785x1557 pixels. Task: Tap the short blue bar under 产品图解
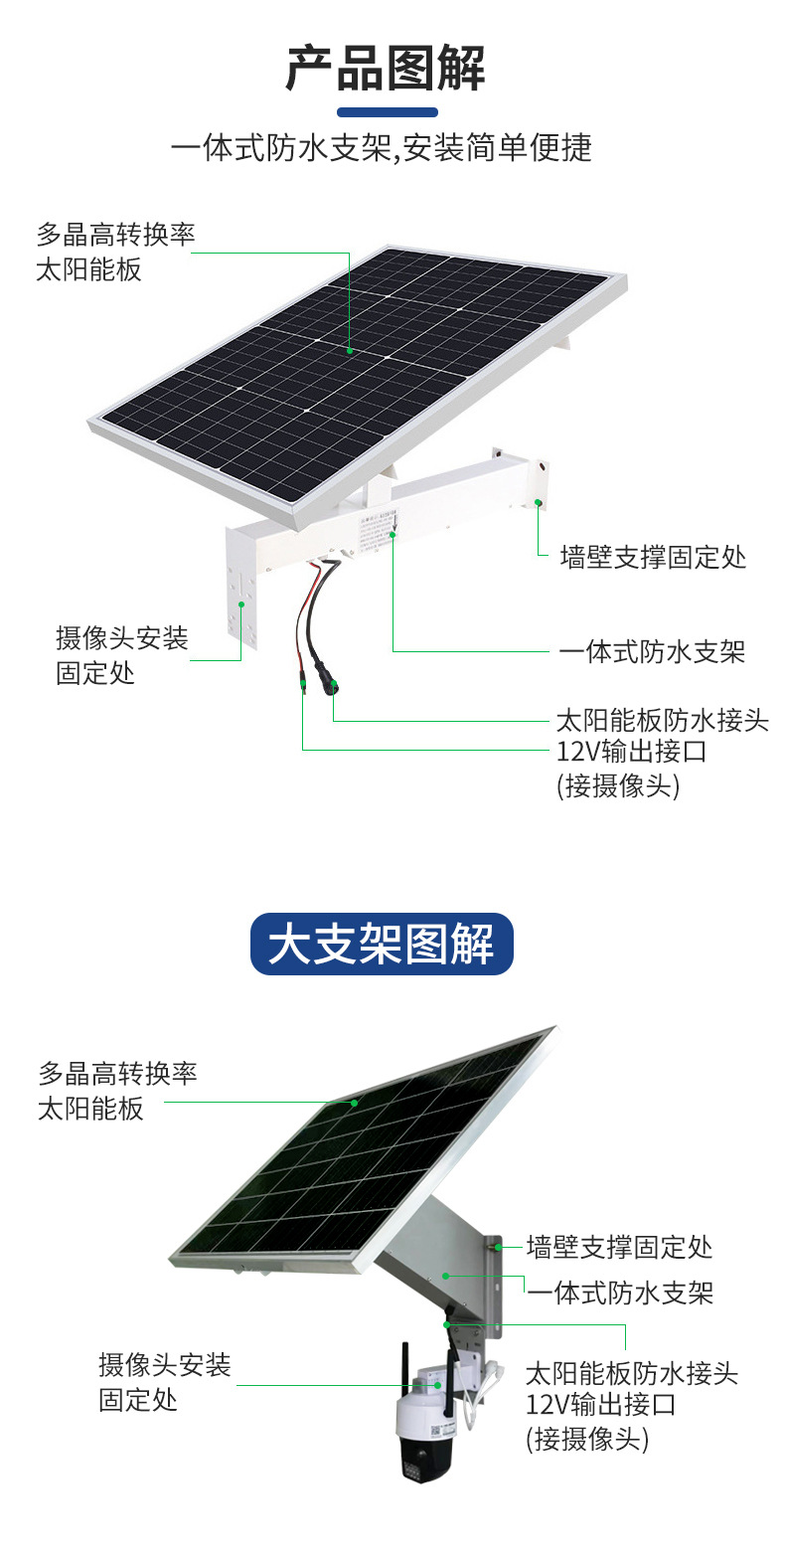(x=388, y=112)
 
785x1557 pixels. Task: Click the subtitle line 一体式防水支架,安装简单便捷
(x=382, y=149)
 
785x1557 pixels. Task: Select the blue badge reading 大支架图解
(x=382, y=944)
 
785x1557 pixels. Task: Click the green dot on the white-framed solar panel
(x=350, y=350)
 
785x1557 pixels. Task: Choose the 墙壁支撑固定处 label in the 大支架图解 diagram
(x=619, y=1246)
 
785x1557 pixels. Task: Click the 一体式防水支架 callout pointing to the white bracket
(x=651, y=652)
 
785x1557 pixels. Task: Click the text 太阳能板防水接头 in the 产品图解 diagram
(x=662, y=720)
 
